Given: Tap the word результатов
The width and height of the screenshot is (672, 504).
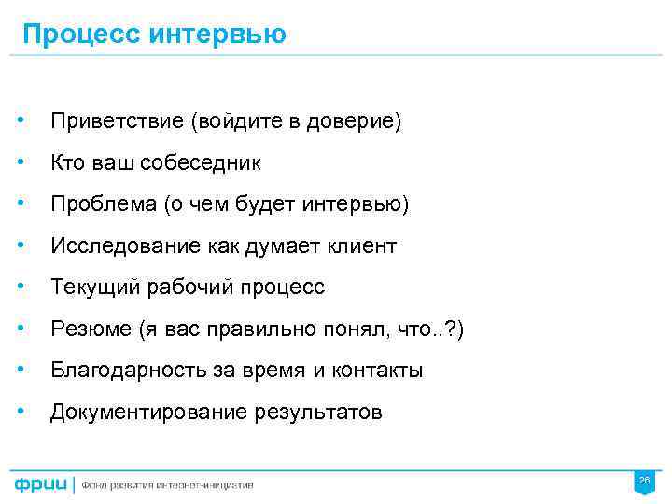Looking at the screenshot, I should [x=318, y=412].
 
